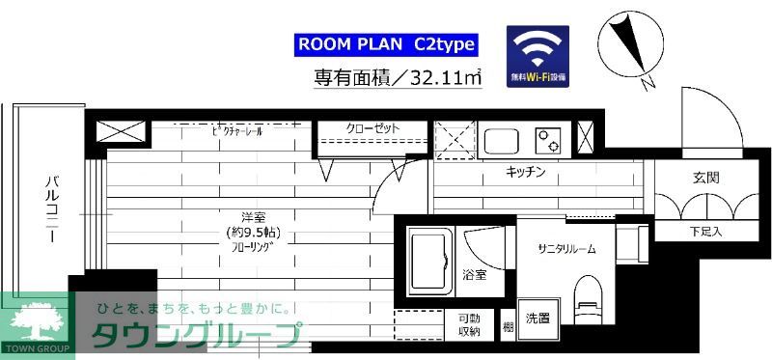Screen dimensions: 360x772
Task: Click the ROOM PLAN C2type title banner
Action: click(386, 44)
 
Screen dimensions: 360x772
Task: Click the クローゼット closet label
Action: click(372, 128)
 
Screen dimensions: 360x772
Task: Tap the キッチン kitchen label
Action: click(527, 172)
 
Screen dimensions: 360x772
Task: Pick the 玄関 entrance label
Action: click(705, 179)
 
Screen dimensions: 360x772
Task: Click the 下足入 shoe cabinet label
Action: click(705, 233)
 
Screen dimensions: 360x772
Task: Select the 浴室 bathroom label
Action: click(474, 275)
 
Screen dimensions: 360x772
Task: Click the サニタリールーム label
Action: click(566, 248)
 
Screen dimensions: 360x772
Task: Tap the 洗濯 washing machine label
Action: click(538, 318)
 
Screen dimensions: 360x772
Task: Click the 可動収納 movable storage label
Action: click(469, 325)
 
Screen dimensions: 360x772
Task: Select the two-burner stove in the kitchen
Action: click(549, 141)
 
